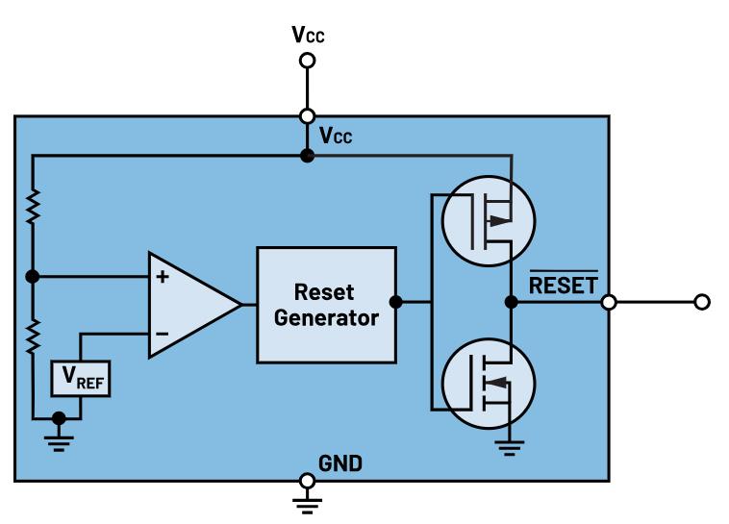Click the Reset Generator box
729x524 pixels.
pyautogui.click(x=326, y=304)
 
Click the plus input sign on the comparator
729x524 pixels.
pyautogui.click(x=163, y=278)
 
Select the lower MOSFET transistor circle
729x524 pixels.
pyautogui.click(x=488, y=384)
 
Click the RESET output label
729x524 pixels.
pyautogui.click(x=563, y=285)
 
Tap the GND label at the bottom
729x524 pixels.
pyautogui.click(x=340, y=464)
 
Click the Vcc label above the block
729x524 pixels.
pyautogui.click(x=307, y=36)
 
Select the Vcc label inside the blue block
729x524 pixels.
pyautogui.click(x=336, y=137)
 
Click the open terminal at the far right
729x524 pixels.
pyautogui.click(x=702, y=303)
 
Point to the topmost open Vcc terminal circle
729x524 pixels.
pyautogui.click(x=307, y=61)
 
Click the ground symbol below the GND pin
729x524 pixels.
pyautogui.click(x=307, y=502)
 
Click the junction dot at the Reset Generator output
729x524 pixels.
pyautogui.click(x=396, y=303)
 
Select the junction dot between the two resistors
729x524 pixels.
pyautogui.click(x=33, y=277)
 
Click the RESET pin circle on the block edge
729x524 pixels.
pyautogui.click(x=609, y=303)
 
